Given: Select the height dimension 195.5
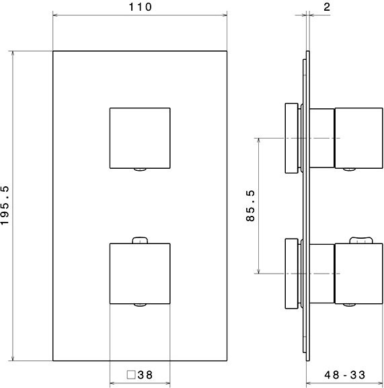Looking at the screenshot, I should pos(6,206).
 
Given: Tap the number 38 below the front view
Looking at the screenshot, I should pos(145,375).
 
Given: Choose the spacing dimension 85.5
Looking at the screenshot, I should pos(251,206).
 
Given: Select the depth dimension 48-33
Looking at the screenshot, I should pos(346,375).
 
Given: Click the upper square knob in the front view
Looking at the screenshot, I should pos(140,137).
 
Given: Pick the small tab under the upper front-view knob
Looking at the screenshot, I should pos(140,169).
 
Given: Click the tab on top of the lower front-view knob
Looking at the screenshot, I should pos(140,239).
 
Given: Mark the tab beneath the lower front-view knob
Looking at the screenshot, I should pos(140,305).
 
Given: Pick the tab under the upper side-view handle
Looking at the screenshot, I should pos(349,169).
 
